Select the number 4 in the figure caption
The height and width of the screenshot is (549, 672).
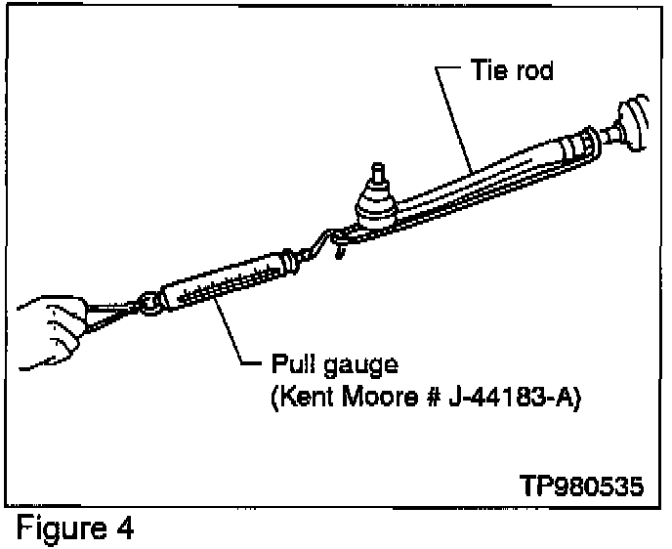pos(124,530)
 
